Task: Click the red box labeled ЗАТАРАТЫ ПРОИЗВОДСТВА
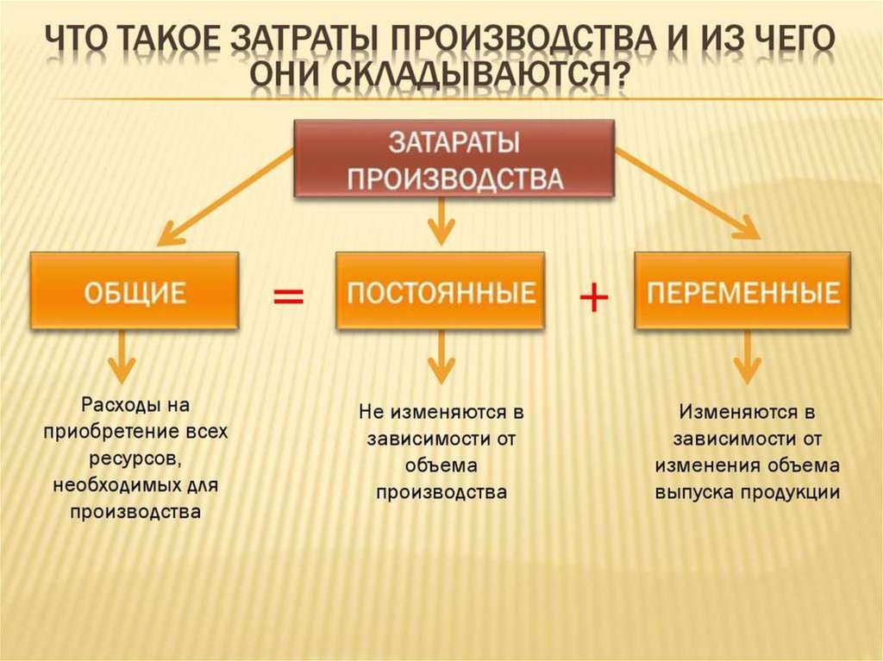[454, 159]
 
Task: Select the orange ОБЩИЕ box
[135, 290]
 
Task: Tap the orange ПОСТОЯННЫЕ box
[440, 290]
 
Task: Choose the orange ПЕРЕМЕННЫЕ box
[742, 290]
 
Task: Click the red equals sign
[289, 297]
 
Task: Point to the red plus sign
[593, 299]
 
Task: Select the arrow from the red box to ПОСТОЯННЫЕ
[441, 221]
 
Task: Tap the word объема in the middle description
[441, 465]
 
